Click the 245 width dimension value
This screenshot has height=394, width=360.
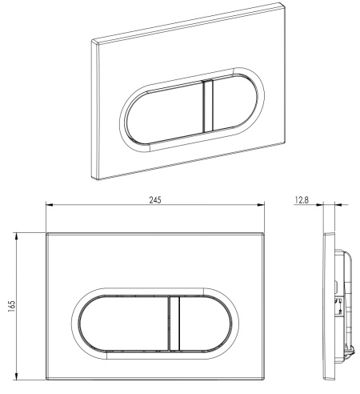156,199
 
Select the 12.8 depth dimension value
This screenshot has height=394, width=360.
302,199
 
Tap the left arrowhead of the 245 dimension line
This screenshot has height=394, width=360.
47,206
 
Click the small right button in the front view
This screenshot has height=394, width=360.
203,323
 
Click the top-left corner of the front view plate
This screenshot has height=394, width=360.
46,234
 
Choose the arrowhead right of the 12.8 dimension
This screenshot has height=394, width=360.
334,206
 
